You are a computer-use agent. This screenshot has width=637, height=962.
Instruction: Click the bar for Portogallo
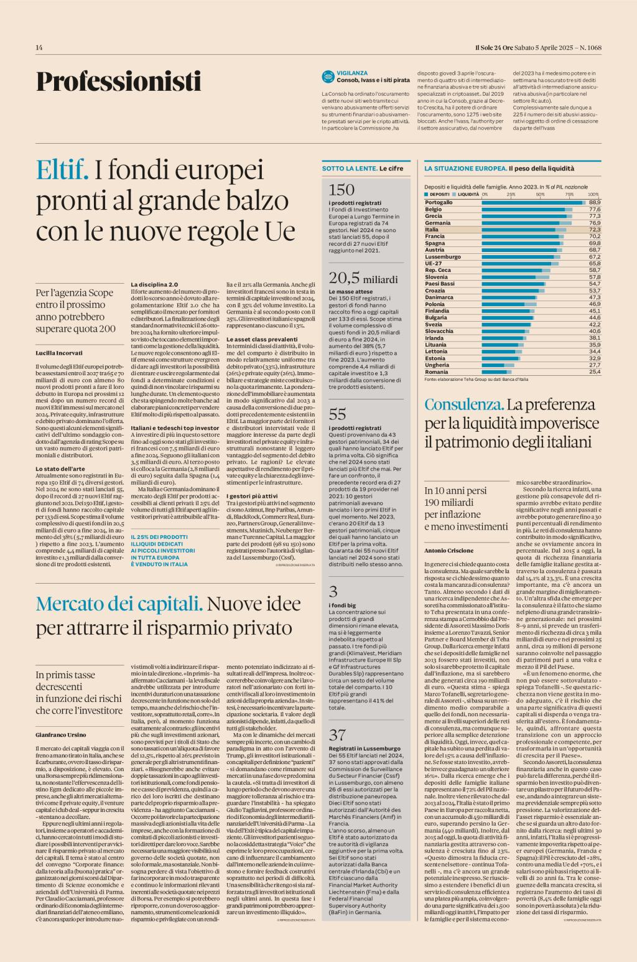click(534, 202)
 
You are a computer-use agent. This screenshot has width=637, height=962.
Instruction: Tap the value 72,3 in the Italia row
click(595, 230)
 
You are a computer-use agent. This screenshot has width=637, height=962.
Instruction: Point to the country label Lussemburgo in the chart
click(443, 256)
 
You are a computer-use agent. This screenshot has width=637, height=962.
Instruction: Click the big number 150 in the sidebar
click(342, 189)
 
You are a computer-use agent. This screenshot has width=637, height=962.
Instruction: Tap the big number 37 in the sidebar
click(337, 734)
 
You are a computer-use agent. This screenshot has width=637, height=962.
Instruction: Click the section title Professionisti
click(118, 82)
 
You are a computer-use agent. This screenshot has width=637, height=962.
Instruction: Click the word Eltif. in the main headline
click(62, 169)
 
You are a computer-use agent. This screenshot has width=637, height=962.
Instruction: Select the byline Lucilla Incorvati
click(59, 353)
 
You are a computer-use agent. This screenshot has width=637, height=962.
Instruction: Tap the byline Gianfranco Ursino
click(60, 734)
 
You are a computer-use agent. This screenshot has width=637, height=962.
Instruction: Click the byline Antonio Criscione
click(449, 551)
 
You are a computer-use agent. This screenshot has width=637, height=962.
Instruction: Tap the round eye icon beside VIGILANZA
click(328, 77)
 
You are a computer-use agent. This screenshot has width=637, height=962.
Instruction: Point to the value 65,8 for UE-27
click(595, 263)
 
